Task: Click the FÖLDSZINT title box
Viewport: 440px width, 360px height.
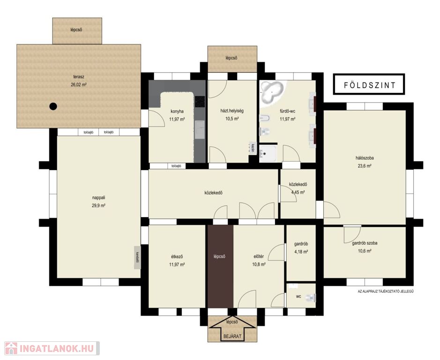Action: click(369, 84)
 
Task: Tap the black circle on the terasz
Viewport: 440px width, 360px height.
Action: click(53, 106)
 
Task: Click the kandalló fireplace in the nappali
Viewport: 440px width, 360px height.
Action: click(137, 257)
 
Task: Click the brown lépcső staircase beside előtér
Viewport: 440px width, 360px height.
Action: click(220, 266)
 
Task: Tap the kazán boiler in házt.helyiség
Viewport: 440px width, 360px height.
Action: click(252, 148)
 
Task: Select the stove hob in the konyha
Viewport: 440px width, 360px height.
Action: click(200, 102)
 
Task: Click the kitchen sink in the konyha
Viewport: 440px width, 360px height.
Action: click(200, 130)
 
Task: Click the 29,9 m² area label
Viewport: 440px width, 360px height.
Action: click(98, 205)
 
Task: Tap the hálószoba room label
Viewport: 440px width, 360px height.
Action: click(365, 158)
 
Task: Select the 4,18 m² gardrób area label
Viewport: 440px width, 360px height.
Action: click(301, 252)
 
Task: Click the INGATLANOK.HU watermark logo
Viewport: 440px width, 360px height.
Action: click(52, 348)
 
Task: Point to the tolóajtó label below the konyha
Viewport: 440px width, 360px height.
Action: click(176, 166)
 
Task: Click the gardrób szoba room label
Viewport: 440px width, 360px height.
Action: click(365, 243)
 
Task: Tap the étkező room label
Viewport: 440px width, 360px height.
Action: click(177, 256)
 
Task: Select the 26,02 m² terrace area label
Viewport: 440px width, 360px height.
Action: click(79, 84)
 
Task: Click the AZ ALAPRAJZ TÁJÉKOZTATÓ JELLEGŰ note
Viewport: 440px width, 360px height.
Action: click(386, 292)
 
